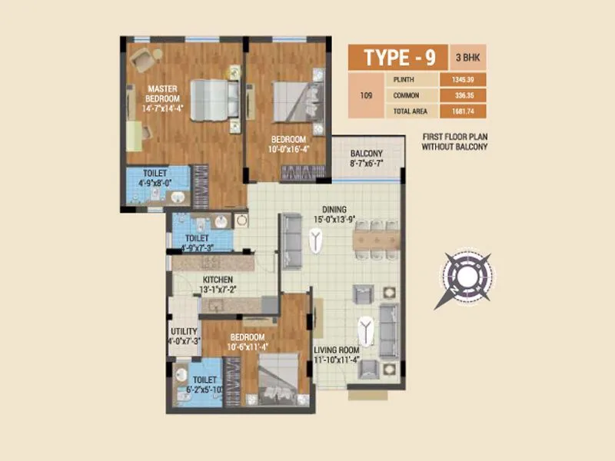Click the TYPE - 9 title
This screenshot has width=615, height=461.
tap(401, 58)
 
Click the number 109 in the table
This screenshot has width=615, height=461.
tap(367, 96)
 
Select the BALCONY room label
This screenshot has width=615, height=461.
tap(366, 154)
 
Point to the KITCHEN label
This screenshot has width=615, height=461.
tap(218, 280)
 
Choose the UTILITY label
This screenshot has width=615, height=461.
tap(184, 331)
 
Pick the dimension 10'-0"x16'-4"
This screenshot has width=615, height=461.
tap(289, 149)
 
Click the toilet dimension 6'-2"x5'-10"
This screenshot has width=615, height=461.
tap(205, 390)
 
